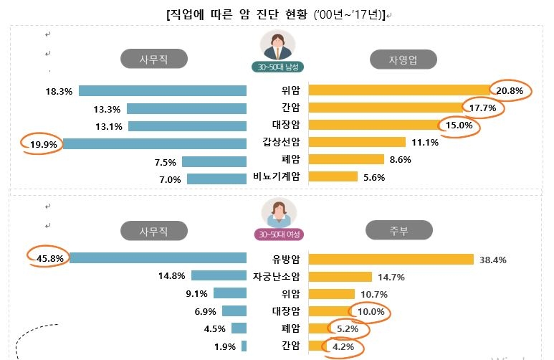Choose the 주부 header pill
[400, 230]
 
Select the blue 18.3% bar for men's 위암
[163, 91]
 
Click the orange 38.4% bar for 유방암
[391, 259]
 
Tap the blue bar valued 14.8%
[219, 276]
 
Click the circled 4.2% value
[343, 346]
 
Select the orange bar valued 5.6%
[333, 177]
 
